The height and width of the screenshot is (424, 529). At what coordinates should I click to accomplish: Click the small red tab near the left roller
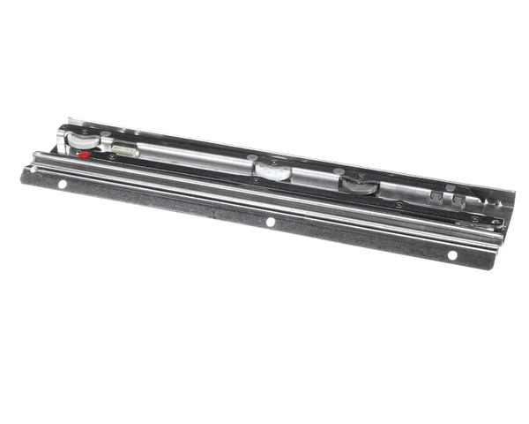pos(84,154)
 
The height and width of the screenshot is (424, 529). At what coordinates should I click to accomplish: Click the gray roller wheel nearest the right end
pos(360,185)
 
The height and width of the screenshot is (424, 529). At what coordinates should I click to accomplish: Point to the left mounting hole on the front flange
pos(62,185)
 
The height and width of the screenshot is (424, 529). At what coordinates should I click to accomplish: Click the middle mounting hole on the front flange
pos(271,222)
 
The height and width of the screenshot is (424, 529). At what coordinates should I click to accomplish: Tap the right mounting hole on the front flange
pos(452,254)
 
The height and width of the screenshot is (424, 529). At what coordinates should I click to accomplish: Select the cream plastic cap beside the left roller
pos(124,151)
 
